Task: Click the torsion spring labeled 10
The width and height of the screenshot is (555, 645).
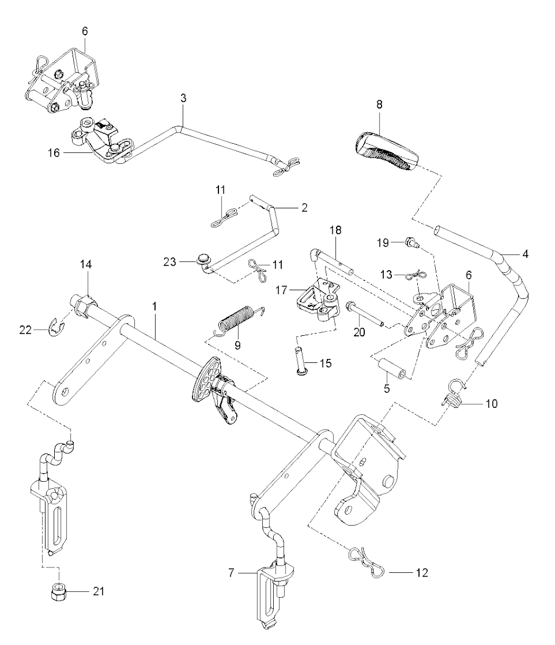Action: [449, 400]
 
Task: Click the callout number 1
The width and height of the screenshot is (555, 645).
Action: [154, 306]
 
